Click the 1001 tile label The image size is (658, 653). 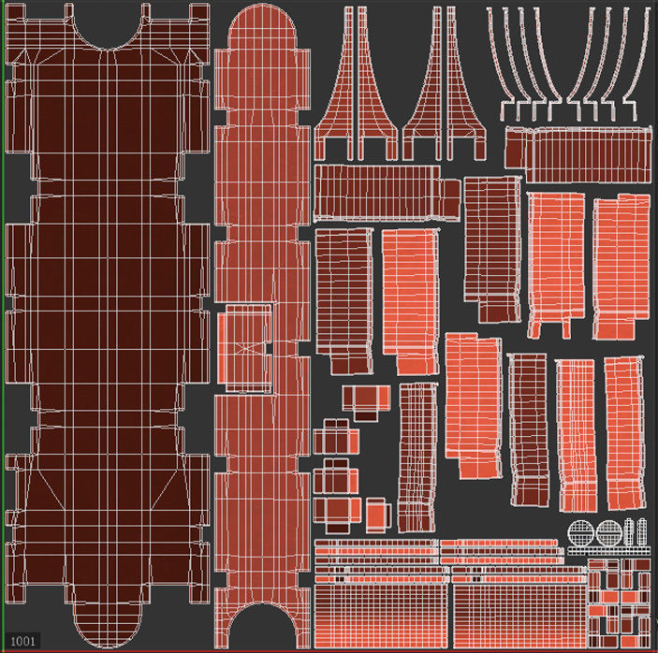(23, 639)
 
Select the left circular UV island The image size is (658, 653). (581, 534)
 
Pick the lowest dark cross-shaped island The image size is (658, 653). (338, 511)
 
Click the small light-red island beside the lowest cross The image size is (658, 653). (377, 513)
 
